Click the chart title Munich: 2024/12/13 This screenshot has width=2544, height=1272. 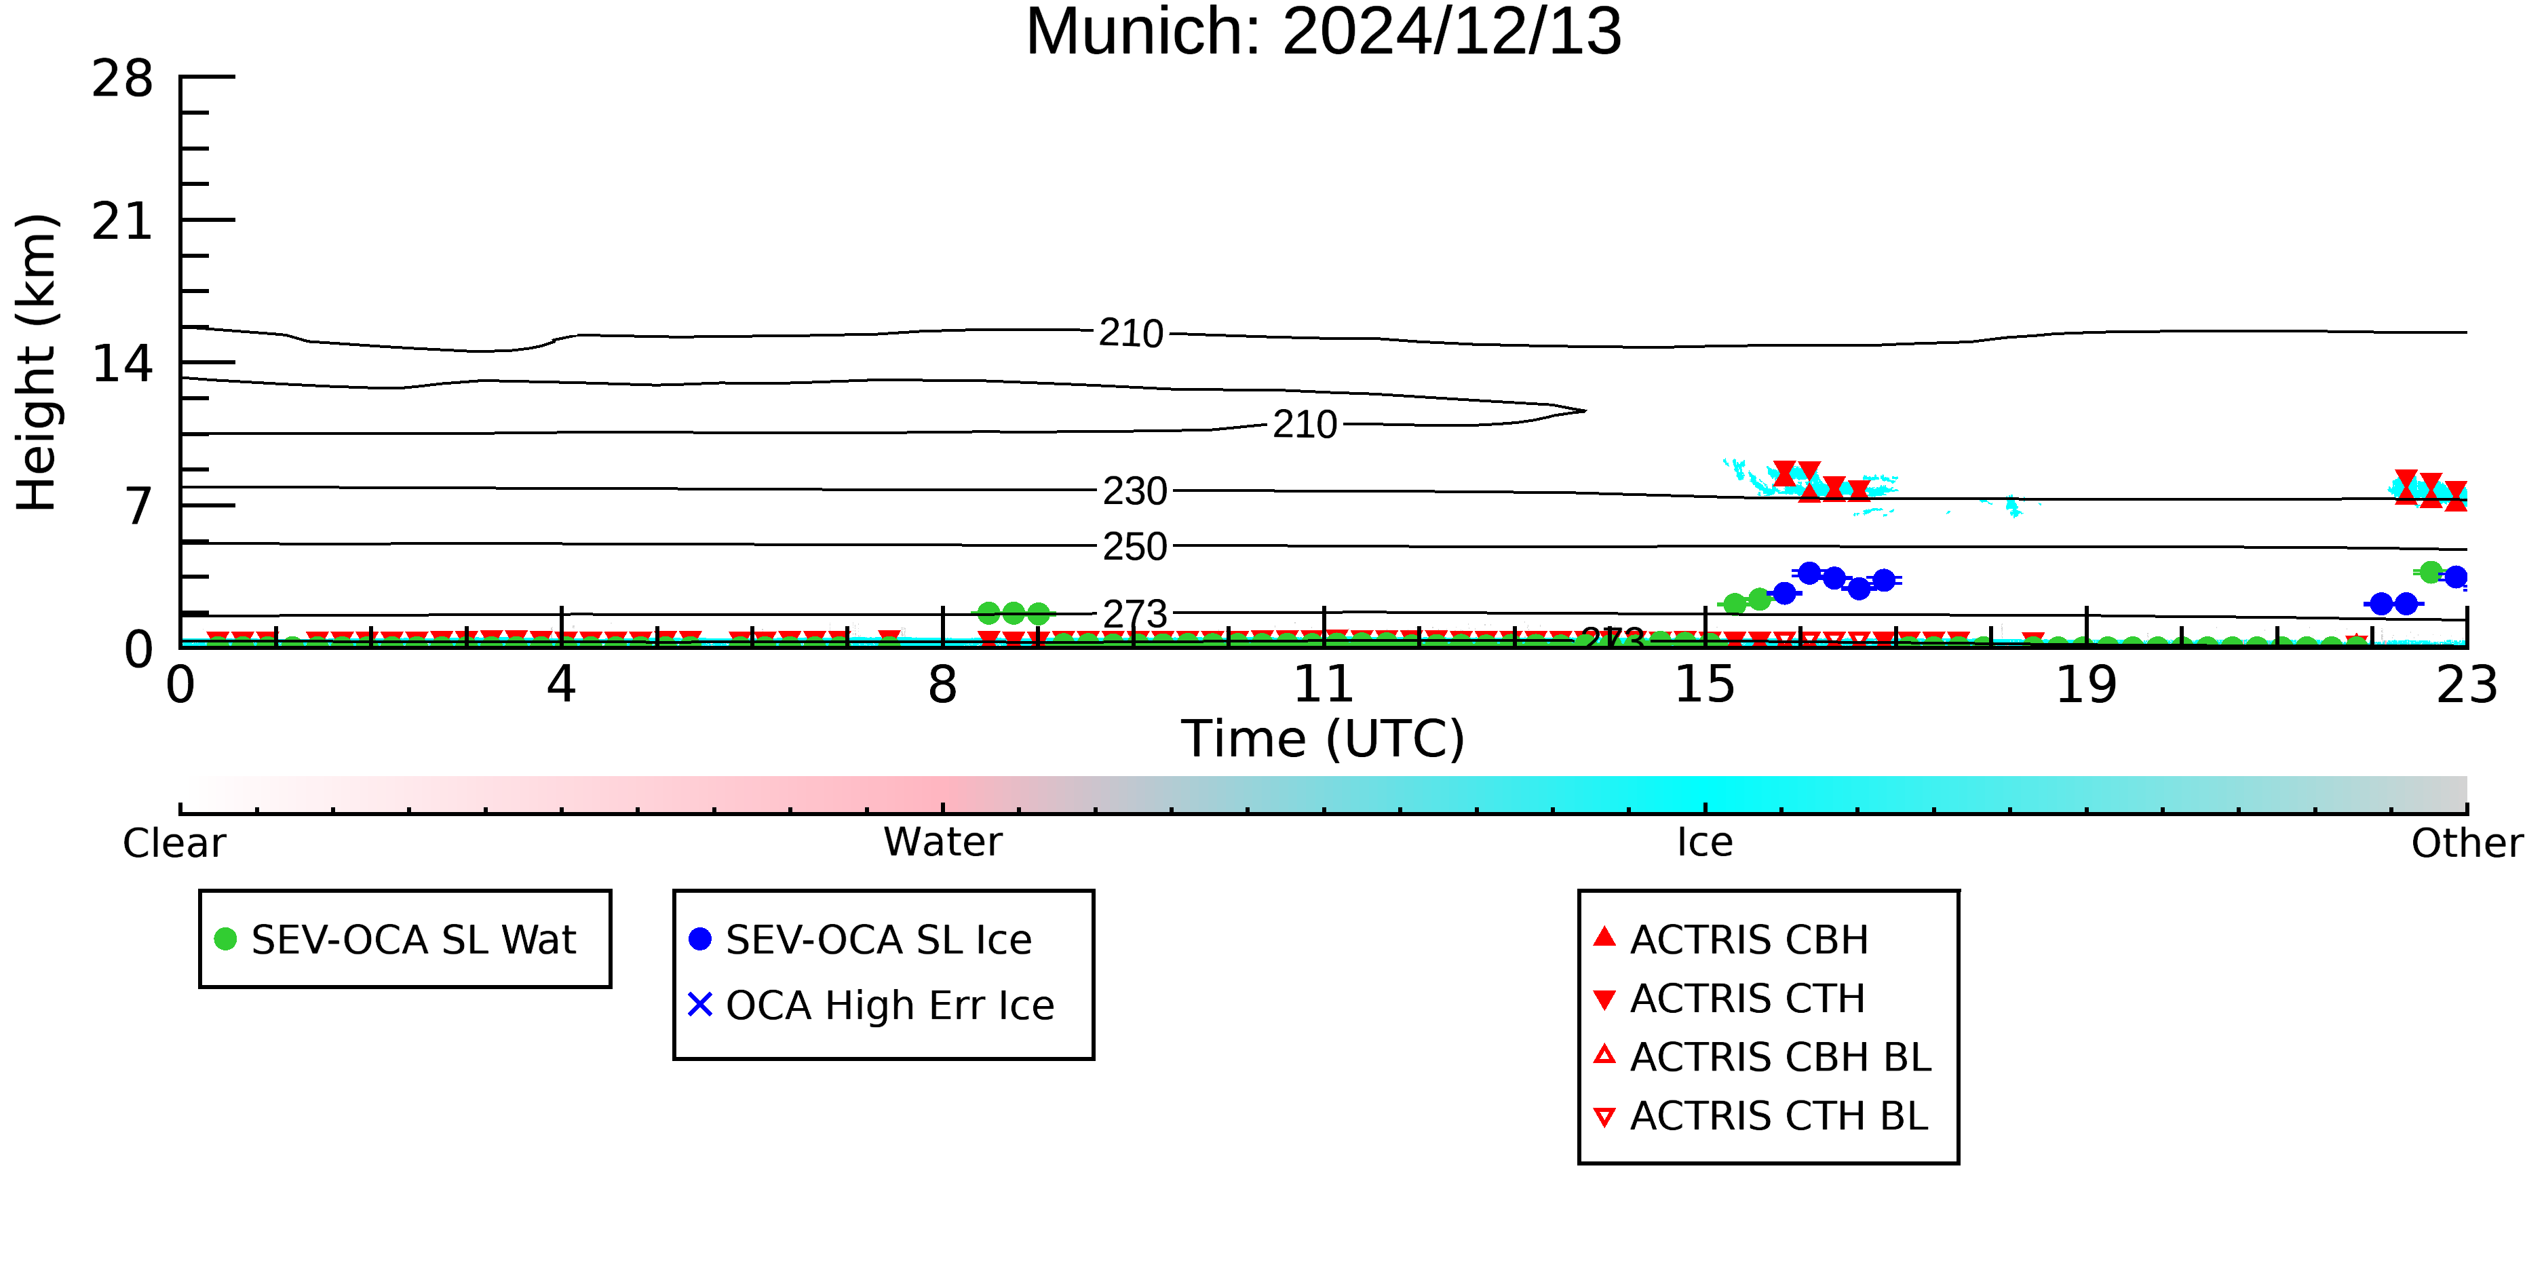pos(1324,32)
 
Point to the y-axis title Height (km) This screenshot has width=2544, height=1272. pos(37,362)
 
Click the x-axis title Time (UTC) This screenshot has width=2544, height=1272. pos(1324,739)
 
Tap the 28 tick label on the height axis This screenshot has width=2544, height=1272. pos(123,78)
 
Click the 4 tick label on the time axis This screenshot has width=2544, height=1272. pos(562,685)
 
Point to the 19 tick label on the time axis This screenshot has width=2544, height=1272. pos(2087,685)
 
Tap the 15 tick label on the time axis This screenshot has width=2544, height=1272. pos(1705,685)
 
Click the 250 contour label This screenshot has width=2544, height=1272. pos(1135,547)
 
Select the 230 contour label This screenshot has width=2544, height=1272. pos(1135,491)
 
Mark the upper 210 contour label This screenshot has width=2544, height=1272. pos(1132,334)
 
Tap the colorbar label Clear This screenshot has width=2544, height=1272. pos(174,843)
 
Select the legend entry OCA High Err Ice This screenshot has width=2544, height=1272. pos(871,1005)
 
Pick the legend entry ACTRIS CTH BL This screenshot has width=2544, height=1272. pos(1761,1116)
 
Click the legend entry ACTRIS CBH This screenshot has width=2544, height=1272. pos(1731,939)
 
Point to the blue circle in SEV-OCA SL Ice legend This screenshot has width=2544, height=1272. pos(700,939)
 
